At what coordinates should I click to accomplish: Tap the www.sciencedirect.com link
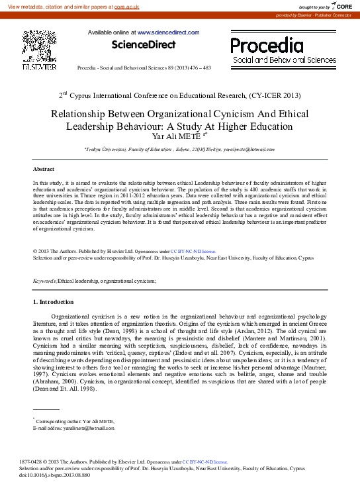point(168,32)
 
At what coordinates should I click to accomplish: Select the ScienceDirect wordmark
point(144,45)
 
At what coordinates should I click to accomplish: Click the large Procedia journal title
point(266,45)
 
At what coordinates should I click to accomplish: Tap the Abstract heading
point(44,170)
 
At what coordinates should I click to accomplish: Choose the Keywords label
point(45,281)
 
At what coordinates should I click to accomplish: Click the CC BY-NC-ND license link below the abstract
point(193,252)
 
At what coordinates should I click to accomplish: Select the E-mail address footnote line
point(69,428)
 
